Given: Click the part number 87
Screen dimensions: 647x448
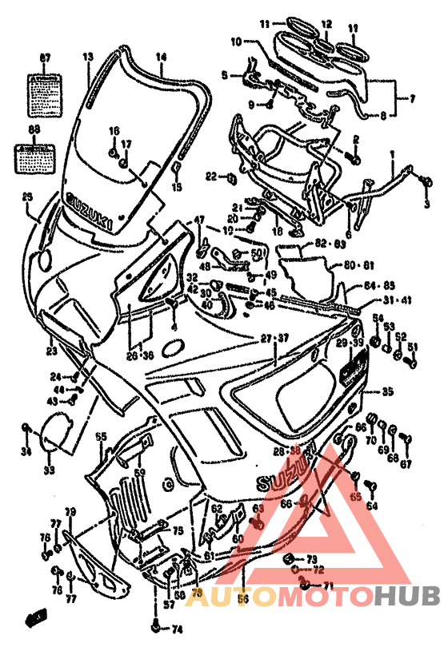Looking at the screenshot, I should click(x=45, y=58).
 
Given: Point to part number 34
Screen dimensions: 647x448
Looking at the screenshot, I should click(x=26, y=453).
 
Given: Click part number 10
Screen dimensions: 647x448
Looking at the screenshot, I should click(x=236, y=41).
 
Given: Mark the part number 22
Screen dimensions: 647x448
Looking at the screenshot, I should click(x=210, y=176).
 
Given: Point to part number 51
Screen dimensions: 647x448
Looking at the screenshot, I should click(x=414, y=347).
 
